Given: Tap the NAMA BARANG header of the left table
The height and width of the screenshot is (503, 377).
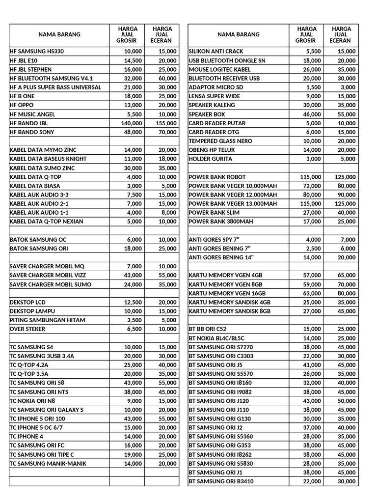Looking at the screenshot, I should pyautogui.click(x=59, y=35).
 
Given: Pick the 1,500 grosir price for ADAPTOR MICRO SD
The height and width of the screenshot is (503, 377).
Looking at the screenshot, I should pyautogui.click(x=314, y=87).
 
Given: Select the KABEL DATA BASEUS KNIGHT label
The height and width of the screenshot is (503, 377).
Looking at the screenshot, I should pyautogui.click(x=48, y=159).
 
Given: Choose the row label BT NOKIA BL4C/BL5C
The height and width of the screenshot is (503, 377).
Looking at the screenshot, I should pyautogui.click(x=216, y=338).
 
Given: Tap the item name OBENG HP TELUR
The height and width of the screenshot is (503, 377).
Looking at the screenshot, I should pyautogui.click(x=212, y=150).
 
